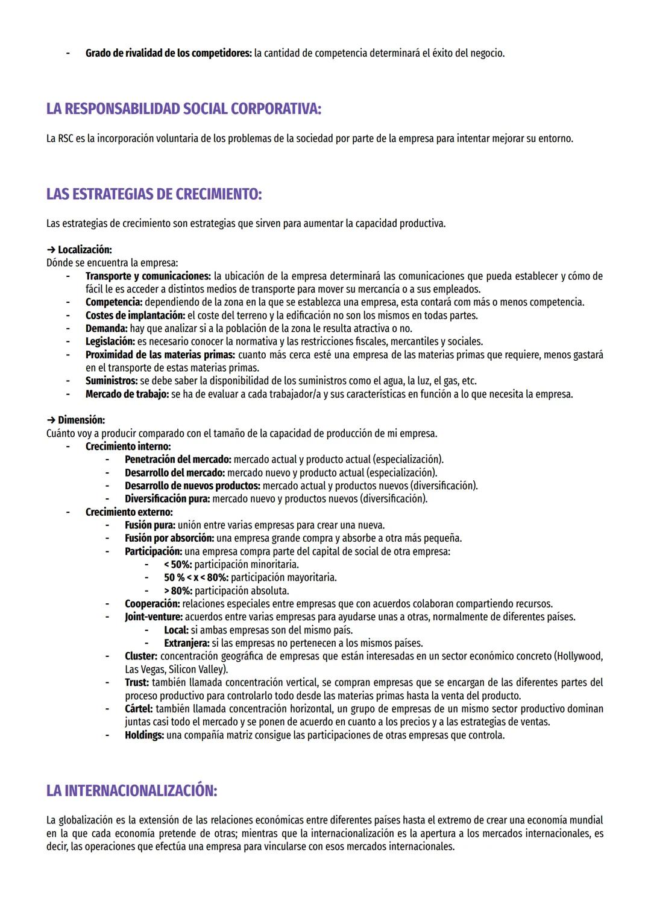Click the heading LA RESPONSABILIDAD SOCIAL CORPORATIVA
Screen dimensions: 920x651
(x=184, y=109)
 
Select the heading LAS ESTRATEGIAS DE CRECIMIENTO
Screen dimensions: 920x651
(x=154, y=194)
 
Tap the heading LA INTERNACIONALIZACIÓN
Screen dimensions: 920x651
(x=131, y=791)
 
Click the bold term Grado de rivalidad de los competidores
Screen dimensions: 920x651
(x=168, y=53)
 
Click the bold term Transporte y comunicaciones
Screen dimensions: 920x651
(x=148, y=276)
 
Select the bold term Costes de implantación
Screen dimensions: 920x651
(x=135, y=316)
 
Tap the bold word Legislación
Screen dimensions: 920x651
(x=110, y=341)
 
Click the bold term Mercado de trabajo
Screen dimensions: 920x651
(x=127, y=394)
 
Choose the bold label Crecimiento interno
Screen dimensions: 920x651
(x=128, y=446)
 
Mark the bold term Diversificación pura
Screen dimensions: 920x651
(x=167, y=499)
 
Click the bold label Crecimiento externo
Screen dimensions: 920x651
(x=129, y=512)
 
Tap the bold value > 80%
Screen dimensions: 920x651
(x=178, y=591)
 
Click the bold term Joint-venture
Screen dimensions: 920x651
(x=153, y=617)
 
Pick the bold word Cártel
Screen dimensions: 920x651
(x=139, y=709)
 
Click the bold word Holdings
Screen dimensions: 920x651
(x=144, y=735)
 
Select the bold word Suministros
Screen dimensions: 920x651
(x=112, y=381)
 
